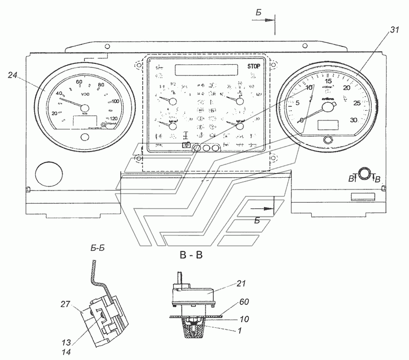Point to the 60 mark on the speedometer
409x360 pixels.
pyautogui.click(x=79, y=82)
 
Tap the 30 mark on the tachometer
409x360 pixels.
pyautogui.click(x=352, y=120)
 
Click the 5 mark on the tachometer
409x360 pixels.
pyautogui.click(x=297, y=103)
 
